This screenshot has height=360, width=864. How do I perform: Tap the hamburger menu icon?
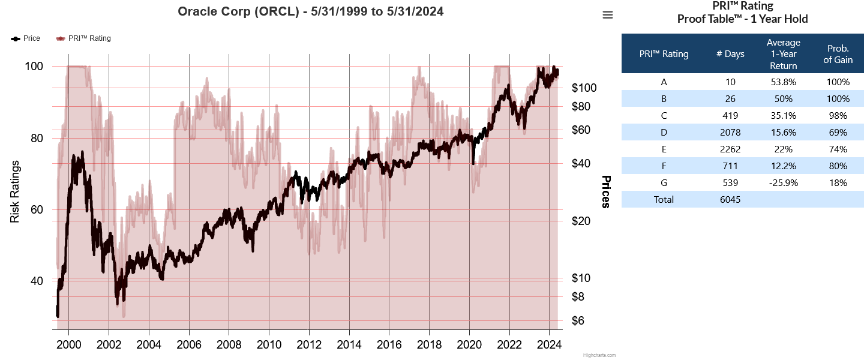point(608,15)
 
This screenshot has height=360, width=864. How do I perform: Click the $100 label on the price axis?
point(584,88)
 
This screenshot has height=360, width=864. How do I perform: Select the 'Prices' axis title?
point(606,192)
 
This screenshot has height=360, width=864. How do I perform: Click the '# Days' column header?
point(730,54)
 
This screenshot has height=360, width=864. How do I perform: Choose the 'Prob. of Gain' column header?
point(838,54)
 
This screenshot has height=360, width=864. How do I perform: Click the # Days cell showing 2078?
point(730,132)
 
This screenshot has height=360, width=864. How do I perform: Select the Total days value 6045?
point(730,199)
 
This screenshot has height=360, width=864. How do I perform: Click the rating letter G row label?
point(664,182)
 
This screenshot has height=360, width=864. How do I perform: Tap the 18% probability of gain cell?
point(838,182)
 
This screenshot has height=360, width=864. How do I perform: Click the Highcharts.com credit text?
point(599,355)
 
